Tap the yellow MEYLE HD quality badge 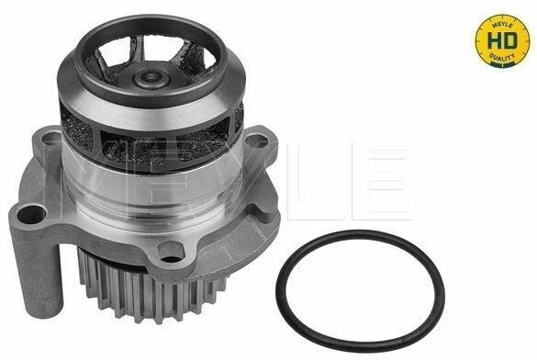click(502, 40)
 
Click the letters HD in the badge click(502, 41)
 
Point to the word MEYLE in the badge click(502, 26)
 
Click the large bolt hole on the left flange click(31, 215)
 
